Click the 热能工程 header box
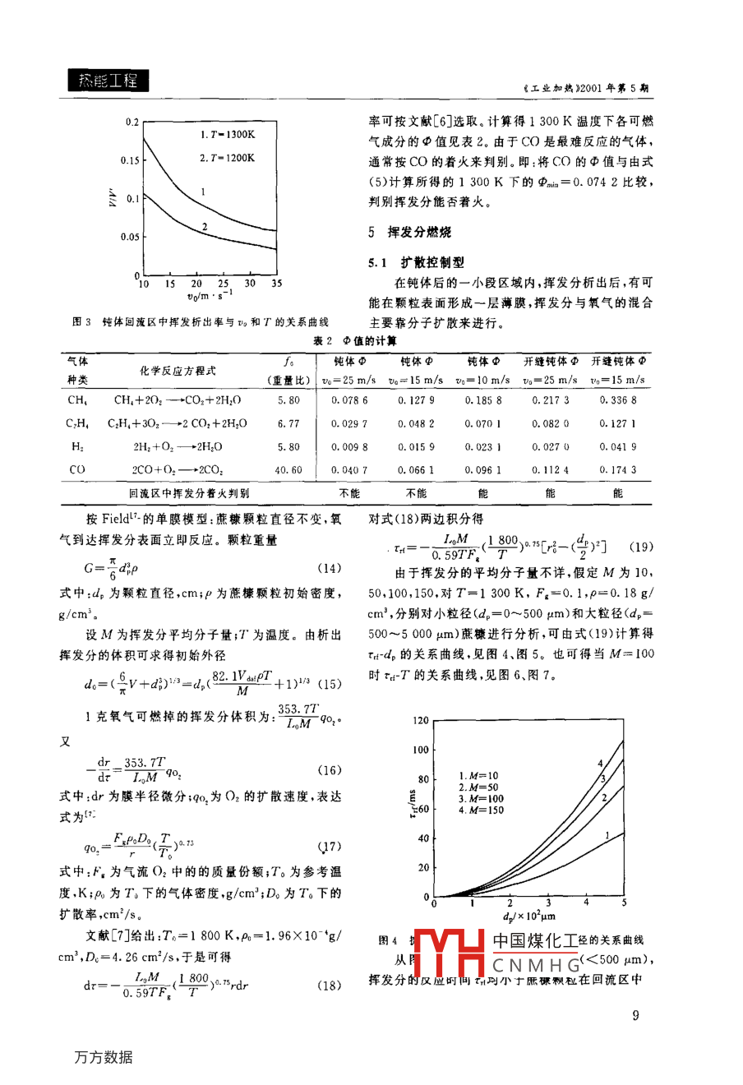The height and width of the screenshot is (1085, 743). point(108,80)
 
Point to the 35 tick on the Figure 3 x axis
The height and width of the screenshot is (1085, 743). point(276,284)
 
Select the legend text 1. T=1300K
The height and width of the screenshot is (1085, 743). point(228,134)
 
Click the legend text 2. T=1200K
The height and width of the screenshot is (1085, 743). point(228,158)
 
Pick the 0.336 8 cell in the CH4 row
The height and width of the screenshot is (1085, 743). point(617,400)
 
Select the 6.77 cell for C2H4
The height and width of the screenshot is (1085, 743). point(288,424)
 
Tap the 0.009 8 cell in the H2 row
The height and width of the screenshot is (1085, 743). point(349,447)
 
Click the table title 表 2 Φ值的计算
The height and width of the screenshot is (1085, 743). point(355,340)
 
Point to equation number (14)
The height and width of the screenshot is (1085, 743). point(329,569)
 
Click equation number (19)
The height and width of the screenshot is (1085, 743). point(640,547)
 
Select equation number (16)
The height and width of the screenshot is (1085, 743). point(329,770)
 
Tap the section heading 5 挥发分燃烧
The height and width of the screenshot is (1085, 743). point(409,233)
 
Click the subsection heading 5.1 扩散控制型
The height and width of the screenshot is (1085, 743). point(416,262)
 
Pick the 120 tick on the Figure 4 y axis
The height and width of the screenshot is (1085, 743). point(420,721)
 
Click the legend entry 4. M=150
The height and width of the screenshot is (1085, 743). point(482,810)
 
